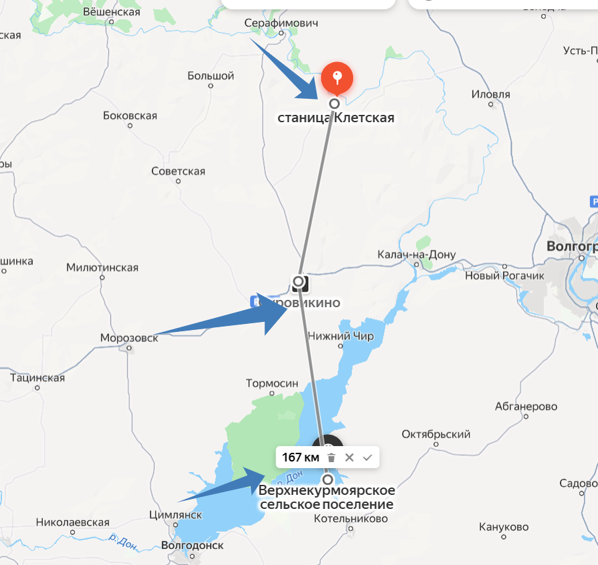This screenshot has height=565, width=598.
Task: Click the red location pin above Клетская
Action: tap(338, 77)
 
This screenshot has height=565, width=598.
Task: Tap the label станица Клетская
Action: tap(335, 118)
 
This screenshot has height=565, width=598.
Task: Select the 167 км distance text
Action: tap(301, 457)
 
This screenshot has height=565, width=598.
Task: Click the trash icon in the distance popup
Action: tap(331, 457)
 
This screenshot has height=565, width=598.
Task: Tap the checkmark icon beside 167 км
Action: tap(367, 457)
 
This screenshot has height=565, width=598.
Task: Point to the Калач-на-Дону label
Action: tap(416, 254)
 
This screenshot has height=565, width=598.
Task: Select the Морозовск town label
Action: tap(129, 338)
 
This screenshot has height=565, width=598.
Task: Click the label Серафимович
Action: tap(281, 23)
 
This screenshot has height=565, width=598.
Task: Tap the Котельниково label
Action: tap(350, 518)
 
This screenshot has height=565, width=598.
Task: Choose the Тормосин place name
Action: tap(272, 383)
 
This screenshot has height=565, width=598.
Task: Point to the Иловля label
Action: tap(490, 94)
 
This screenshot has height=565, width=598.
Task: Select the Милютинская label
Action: tap(102, 268)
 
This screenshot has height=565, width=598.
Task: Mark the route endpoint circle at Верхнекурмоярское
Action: tap(327, 480)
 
